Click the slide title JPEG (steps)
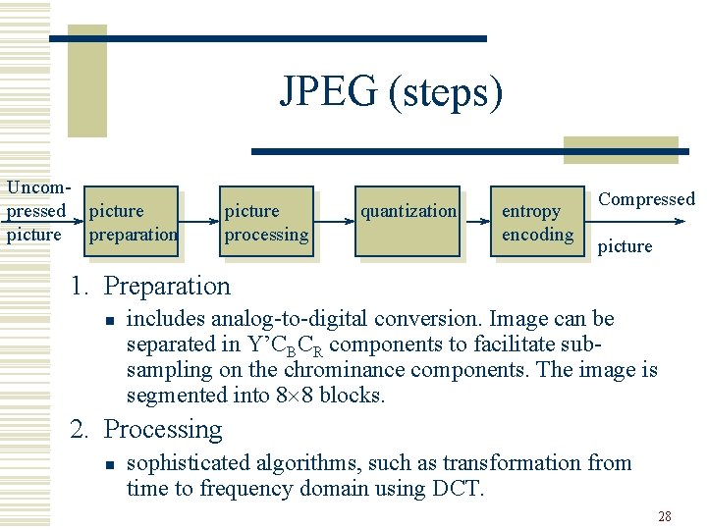click(391, 93)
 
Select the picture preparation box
click(131, 222)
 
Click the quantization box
click(408, 222)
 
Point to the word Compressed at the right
click(646, 199)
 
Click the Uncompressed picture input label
click(35, 210)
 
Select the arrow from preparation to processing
click(198, 222)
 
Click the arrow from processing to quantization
click(335, 222)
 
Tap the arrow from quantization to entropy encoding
click(476, 222)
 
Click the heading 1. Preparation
click(149, 287)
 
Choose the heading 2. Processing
click(145, 430)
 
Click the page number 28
click(664, 516)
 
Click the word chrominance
click(343, 370)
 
